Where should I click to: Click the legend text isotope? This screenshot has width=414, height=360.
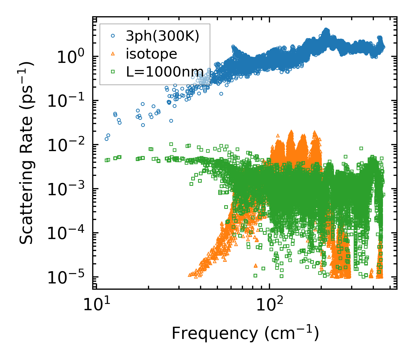coord(151,54)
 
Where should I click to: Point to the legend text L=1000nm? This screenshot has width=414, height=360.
coord(165,71)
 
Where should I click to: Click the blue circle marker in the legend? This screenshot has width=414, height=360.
coord(113,36)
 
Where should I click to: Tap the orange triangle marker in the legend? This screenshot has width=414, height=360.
coord(113,54)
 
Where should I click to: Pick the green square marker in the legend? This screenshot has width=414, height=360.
coord(113,71)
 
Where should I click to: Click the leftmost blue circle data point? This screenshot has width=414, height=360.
coord(106,139)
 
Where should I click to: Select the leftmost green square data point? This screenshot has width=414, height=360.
coord(106,160)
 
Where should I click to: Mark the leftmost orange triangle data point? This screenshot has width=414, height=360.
coord(190,275)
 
